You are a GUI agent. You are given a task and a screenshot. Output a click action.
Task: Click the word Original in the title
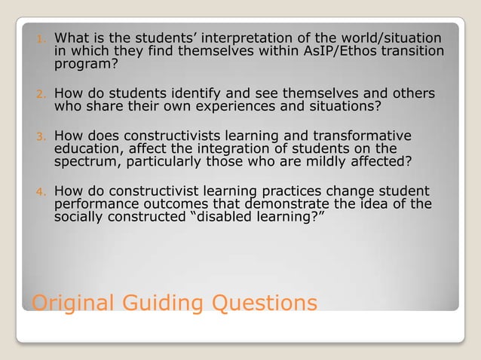tap(70, 304)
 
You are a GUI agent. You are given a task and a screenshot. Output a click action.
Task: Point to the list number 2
tap(42, 96)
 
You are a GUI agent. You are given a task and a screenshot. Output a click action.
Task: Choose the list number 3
tap(42, 138)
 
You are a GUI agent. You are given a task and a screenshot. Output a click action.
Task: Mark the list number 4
tap(42, 191)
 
